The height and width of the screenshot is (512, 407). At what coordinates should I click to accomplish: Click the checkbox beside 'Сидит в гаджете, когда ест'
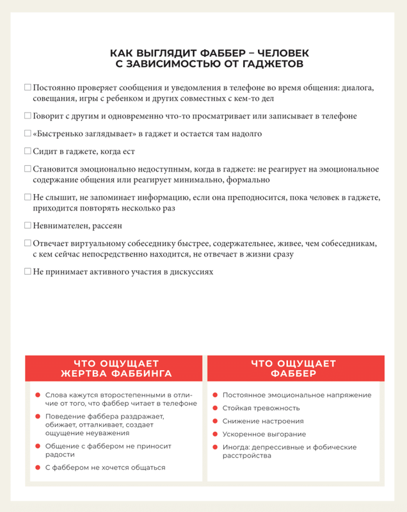click(x=28, y=152)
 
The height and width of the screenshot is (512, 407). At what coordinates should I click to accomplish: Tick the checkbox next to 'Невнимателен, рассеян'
click(x=28, y=225)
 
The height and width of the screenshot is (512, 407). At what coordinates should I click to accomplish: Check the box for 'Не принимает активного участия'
click(x=28, y=271)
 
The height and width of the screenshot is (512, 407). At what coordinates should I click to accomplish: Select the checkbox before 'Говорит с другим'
click(x=28, y=116)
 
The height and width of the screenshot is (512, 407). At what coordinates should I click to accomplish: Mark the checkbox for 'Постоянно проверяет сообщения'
click(x=28, y=87)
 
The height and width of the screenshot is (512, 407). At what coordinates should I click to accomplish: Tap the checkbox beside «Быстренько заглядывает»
click(x=28, y=134)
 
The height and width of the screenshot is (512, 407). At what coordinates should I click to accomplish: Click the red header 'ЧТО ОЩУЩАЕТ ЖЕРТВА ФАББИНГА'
click(x=116, y=369)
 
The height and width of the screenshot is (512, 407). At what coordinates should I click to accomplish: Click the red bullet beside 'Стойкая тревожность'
click(x=216, y=408)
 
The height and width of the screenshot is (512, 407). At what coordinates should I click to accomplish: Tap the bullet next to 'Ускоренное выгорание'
click(x=216, y=435)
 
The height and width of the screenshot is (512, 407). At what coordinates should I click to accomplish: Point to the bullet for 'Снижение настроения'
click(x=216, y=421)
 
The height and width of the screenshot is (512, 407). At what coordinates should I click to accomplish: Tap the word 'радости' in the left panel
click(x=60, y=454)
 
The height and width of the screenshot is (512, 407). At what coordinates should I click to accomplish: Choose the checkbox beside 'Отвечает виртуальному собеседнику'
click(x=28, y=243)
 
